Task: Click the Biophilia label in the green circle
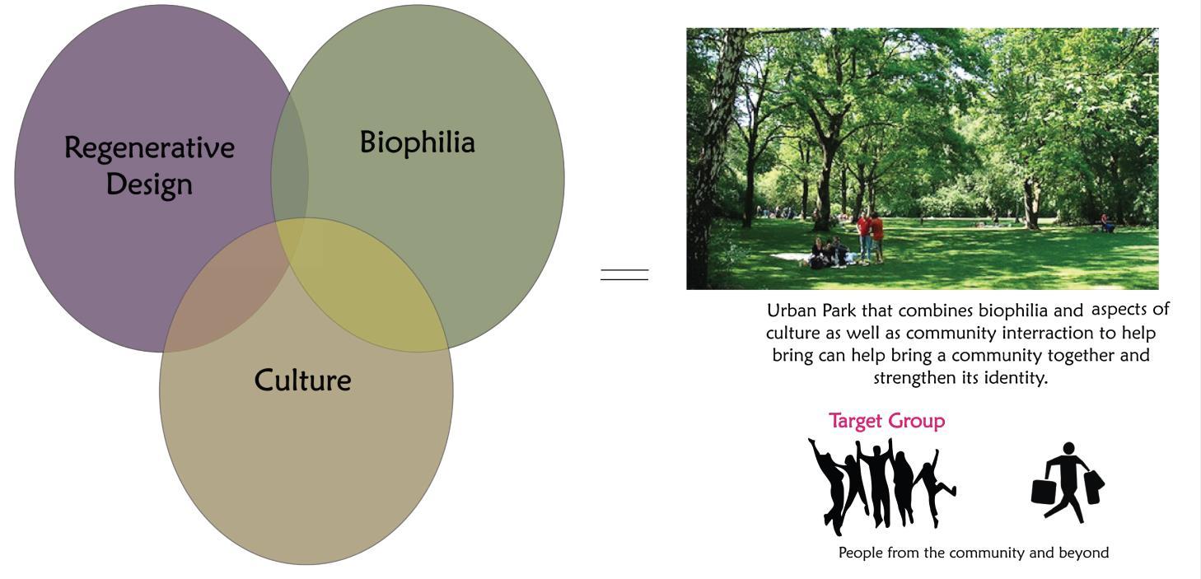pyautogui.click(x=417, y=142)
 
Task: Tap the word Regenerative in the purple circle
pyautogui.click(x=149, y=148)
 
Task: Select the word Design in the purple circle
pyautogui.click(x=149, y=185)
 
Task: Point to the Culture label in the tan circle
pyautogui.click(x=302, y=381)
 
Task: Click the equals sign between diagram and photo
pyautogui.click(x=624, y=274)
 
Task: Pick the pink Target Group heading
pyautogui.click(x=887, y=422)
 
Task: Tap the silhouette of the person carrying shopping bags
pyautogui.click(x=1068, y=483)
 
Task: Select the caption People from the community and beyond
pyautogui.click(x=973, y=553)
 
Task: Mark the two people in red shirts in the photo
pyautogui.click(x=870, y=236)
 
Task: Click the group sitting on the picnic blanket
pyautogui.click(x=829, y=253)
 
